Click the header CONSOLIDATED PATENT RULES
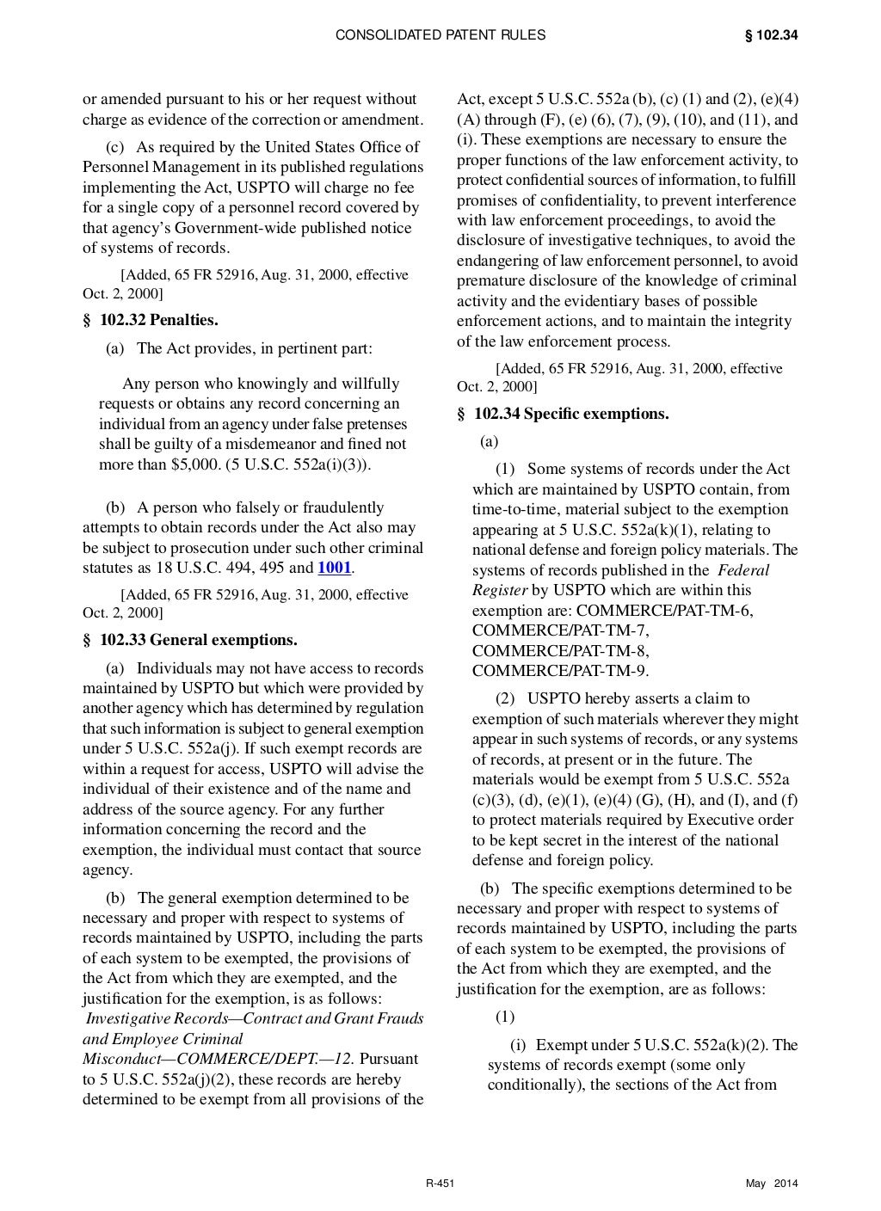pyautogui.click(x=440, y=35)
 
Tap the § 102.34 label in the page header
pyautogui.click(x=771, y=35)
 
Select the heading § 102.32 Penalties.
pyautogui.click(x=151, y=321)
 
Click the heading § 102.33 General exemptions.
pyautogui.click(x=190, y=640)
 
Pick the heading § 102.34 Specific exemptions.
pyautogui.click(x=563, y=414)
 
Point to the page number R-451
pyautogui.click(x=440, y=1184)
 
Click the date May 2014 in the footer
pyautogui.click(x=772, y=1184)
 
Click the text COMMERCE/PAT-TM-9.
pyautogui.click(x=560, y=671)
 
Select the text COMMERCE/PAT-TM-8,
pyautogui.click(x=561, y=650)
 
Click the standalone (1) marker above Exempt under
pyautogui.click(x=505, y=1017)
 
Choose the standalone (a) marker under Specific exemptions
pyautogui.click(x=489, y=441)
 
